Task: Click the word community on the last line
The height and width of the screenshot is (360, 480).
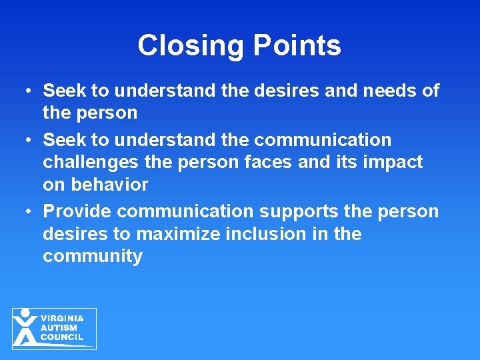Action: pos(93,257)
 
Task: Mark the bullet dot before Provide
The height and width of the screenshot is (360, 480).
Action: pos(29,212)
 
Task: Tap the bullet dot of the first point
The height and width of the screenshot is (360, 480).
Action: pos(29,91)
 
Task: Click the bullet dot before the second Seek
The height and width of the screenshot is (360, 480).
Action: pos(29,141)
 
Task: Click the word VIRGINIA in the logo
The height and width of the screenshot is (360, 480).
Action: pos(62,319)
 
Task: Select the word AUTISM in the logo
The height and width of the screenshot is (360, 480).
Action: pos(59,328)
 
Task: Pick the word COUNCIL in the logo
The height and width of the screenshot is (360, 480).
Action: pos(62,337)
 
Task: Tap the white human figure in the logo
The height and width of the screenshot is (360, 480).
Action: pos(25,327)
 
